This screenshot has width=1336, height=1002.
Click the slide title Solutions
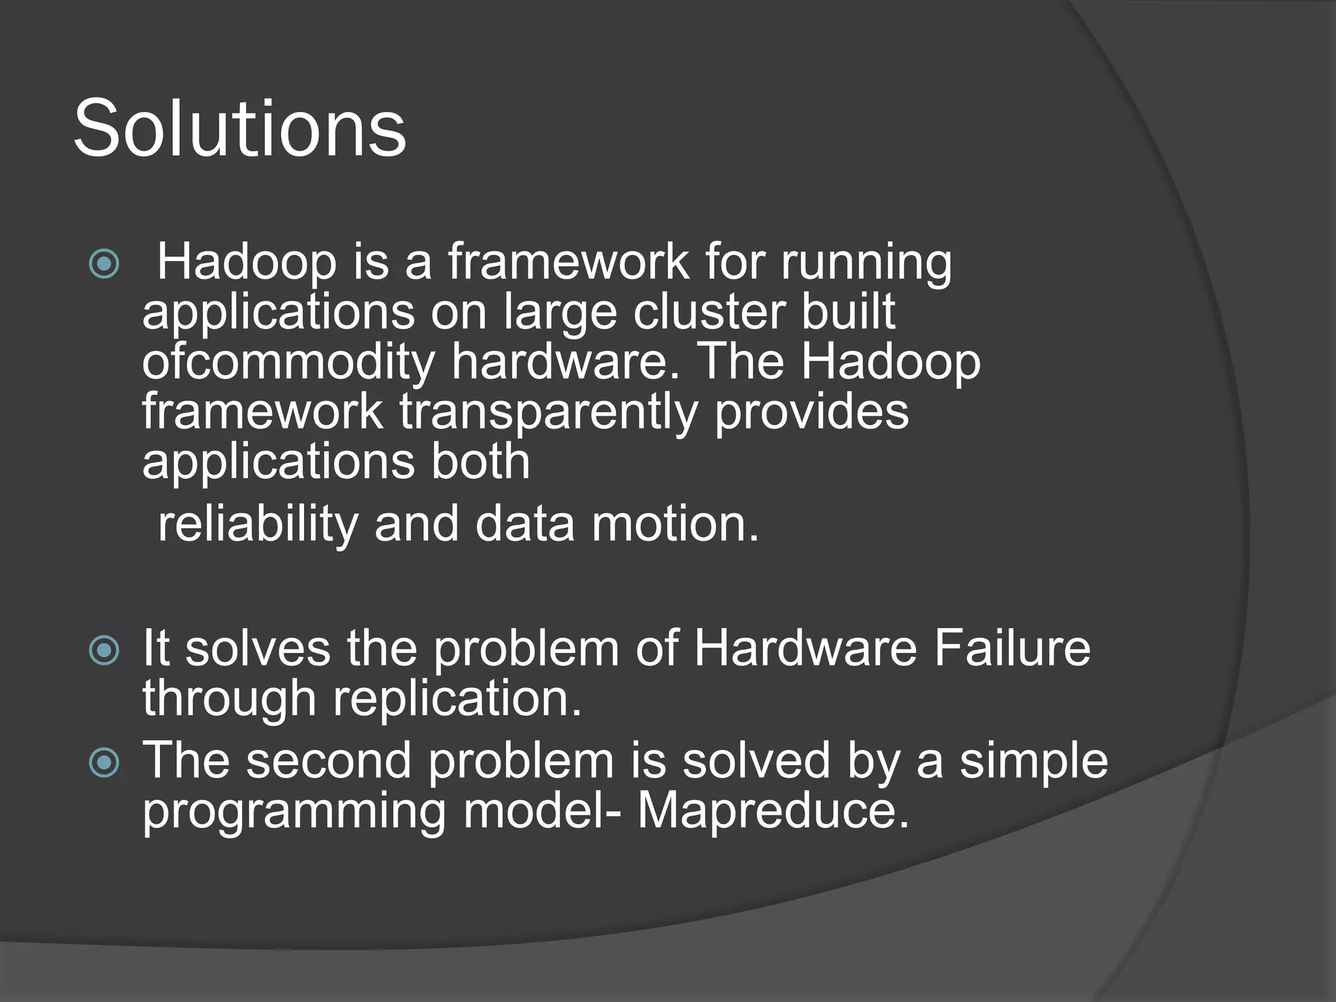(x=239, y=128)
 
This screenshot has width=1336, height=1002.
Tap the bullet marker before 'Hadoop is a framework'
(x=104, y=264)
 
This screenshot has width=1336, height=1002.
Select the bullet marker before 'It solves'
(x=104, y=650)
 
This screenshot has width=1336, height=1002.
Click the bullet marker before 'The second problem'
(x=104, y=762)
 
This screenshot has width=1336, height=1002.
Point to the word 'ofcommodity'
(x=288, y=363)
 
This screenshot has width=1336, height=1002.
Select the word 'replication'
(x=457, y=699)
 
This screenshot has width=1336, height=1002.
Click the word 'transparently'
(x=548, y=412)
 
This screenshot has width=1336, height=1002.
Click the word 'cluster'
(x=708, y=312)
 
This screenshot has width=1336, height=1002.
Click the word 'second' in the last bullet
(x=329, y=761)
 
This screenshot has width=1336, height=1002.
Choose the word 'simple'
(x=1033, y=762)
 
